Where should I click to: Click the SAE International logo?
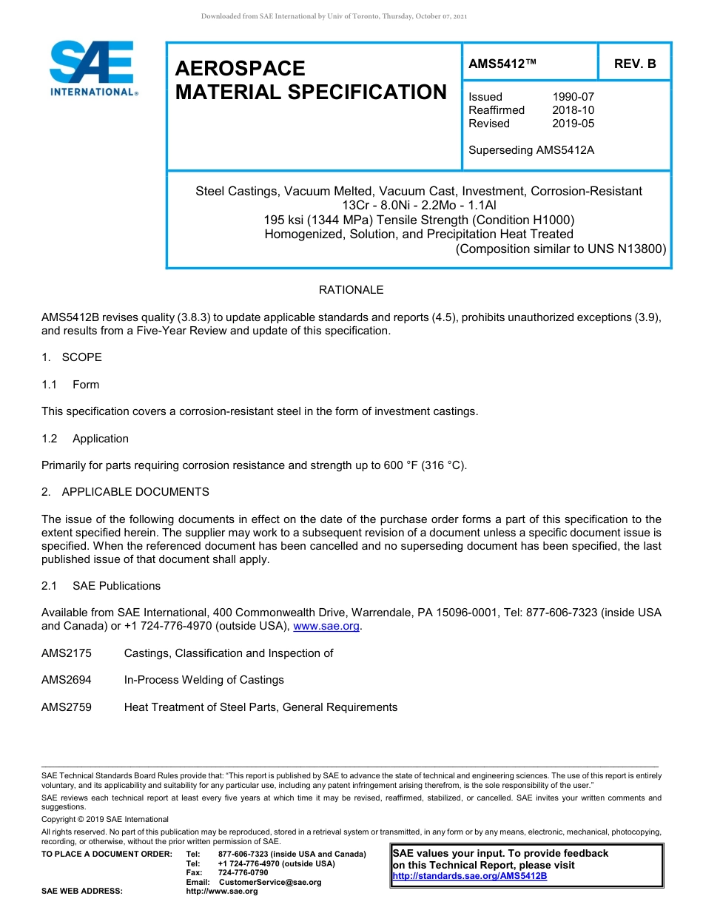[x=92, y=68]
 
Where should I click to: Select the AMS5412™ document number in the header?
[x=502, y=64]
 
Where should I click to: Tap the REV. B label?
[x=635, y=64]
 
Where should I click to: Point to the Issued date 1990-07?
[x=573, y=97]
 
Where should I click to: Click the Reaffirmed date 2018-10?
[x=573, y=110]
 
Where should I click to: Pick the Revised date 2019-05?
[x=573, y=124]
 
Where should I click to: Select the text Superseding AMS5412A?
[x=531, y=150]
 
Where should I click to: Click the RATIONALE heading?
[x=351, y=290]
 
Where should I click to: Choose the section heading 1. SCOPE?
[x=72, y=357]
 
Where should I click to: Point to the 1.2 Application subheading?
[x=85, y=439]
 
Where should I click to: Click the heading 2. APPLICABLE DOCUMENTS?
[x=125, y=492]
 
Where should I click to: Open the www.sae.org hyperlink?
[x=326, y=627]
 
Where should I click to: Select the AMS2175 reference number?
[x=67, y=653]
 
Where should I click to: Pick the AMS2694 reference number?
[x=67, y=680]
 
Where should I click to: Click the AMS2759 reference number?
[x=67, y=707]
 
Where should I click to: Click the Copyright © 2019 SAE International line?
[x=105, y=819]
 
